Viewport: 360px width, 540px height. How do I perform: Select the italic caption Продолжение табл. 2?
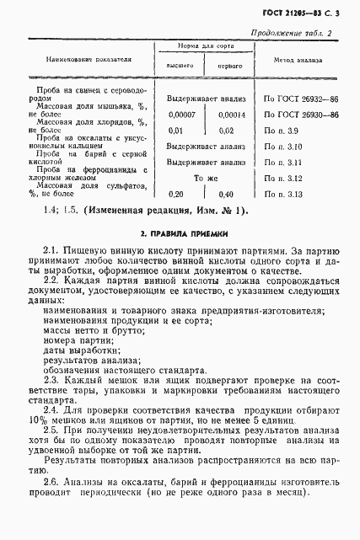coord(293,34)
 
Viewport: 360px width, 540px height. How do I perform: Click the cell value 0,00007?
coord(182,115)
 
